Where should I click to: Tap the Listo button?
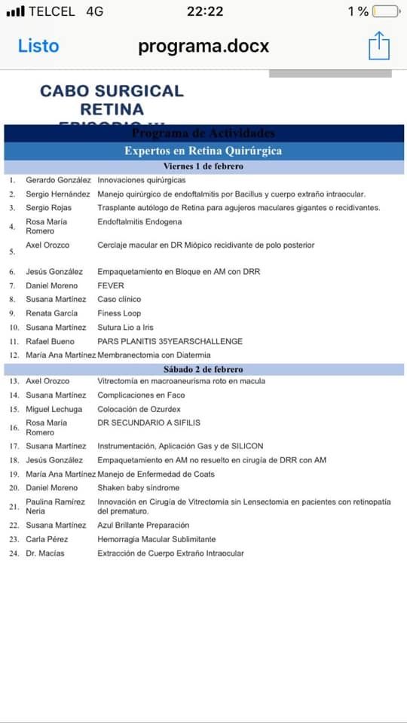[38, 46]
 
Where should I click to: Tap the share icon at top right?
[379, 45]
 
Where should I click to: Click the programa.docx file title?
[203, 46]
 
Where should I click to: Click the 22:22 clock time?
[205, 11]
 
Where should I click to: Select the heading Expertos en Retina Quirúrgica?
[203, 151]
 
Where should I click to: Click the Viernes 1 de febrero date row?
[203, 166]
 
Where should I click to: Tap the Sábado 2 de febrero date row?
[203, 370]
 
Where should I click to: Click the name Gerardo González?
[58, 181]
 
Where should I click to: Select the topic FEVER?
[111, 286]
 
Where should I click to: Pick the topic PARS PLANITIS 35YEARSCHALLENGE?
[170, 341]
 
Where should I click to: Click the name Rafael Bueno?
[50, 341]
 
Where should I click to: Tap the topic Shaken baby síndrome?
[138, 488]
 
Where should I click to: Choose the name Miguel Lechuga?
[54, 409]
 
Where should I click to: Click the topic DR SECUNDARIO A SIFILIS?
[148, 423]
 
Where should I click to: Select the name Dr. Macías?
[45, 554]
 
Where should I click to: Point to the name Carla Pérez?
[47, 539]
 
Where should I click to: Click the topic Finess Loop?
[119, 313]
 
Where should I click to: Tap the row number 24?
[14, 554]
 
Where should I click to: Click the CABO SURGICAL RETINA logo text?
[112, 100]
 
